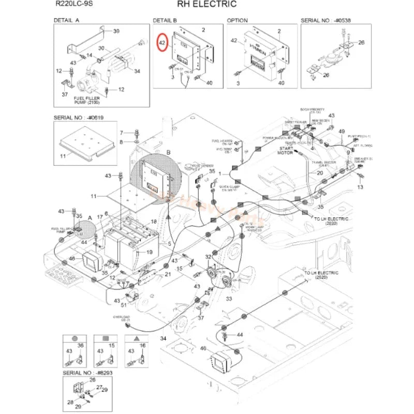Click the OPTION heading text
click(238, 20)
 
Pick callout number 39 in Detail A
click(116, 31)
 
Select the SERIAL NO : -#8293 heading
click(87, 373)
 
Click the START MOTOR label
click(286, 151)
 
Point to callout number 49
click(342, 131)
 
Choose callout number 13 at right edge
click(361, 186)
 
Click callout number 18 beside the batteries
click(153, 221)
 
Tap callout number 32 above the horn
click(208, 257)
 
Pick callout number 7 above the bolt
click(123, 132)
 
